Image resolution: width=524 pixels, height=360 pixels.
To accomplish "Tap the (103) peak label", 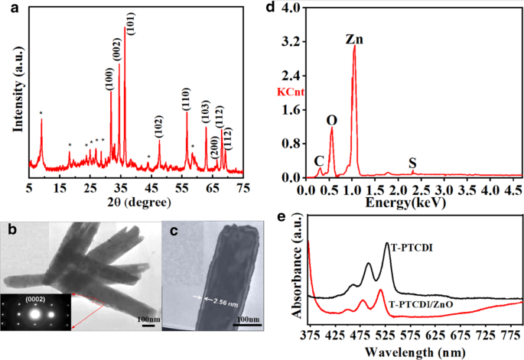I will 205,110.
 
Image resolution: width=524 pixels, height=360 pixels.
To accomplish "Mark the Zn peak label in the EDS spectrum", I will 353,37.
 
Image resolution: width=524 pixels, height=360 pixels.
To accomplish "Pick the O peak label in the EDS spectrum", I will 331,120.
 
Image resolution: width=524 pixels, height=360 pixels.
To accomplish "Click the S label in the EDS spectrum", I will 413,163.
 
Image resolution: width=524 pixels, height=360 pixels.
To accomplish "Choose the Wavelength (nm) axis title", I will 405,351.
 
